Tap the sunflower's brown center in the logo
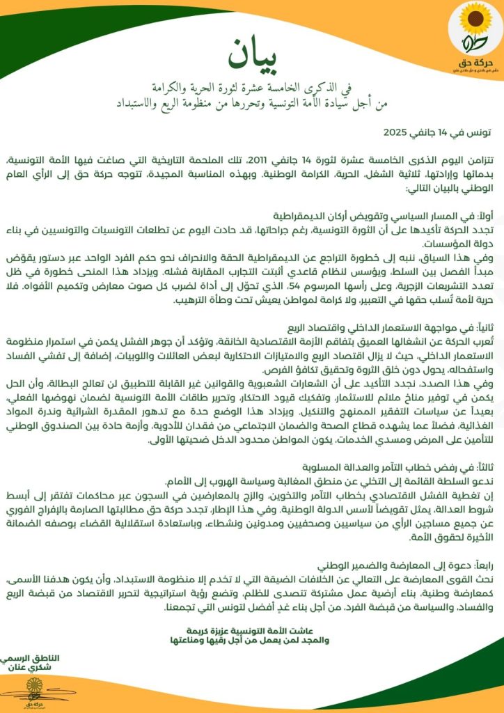[x=466, y=20]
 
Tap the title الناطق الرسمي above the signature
[x=32, y=657]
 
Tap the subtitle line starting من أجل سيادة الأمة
[x=251, y=103]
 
